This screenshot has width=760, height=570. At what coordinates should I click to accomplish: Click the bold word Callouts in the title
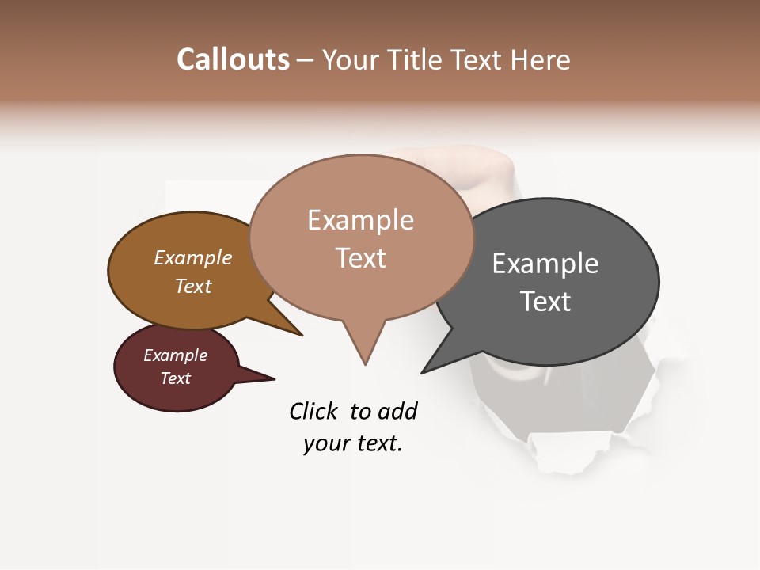pos(233,59)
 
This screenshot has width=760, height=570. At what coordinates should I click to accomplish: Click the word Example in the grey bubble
pos(545,264)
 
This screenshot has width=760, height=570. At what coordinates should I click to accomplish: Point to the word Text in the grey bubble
pos(545,302)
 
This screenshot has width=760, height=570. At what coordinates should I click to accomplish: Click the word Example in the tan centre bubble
pos(360,220)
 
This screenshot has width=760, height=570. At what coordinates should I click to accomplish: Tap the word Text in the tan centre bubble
pos(360,258)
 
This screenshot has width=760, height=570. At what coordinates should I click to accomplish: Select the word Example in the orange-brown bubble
pos(193,258)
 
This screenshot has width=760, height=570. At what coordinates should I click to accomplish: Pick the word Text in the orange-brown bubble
pos(193,286)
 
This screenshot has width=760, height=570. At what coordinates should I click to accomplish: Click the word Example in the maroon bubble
pos(175,355)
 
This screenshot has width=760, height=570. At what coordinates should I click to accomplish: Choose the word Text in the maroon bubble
pos(175,378)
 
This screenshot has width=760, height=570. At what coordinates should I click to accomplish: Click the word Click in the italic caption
pos(315,412)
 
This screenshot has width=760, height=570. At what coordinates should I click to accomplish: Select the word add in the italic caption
pos(397,412)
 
